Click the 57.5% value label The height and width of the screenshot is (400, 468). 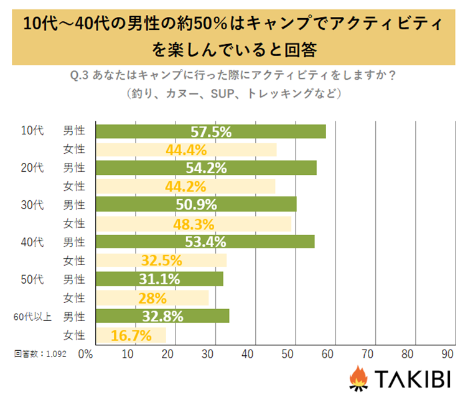[x=210, y=132]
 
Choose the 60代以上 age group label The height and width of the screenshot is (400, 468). [x=32, y=317]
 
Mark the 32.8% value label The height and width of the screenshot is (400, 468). [x=163, y=317]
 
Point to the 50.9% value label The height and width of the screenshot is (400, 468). [x=197, y=205]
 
